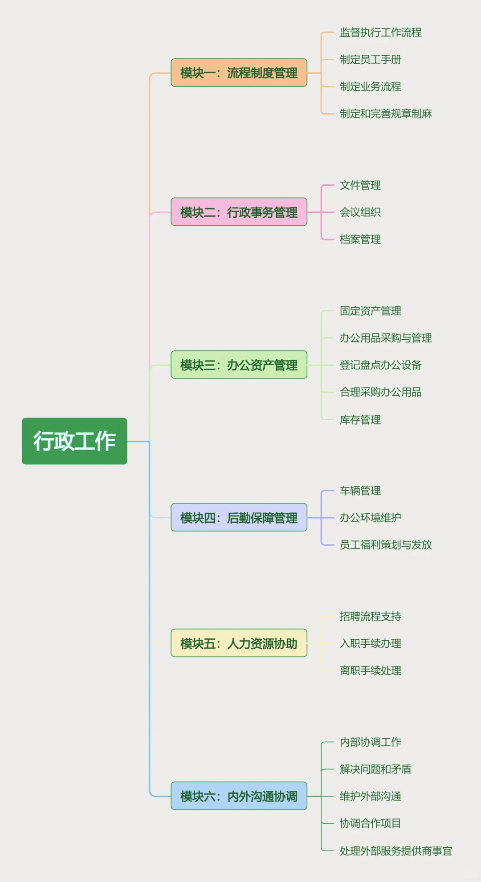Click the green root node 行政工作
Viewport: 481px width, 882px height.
74,441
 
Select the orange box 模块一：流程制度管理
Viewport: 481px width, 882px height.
239,73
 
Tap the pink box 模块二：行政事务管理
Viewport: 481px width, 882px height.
239,212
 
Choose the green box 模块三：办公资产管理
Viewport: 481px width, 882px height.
239,365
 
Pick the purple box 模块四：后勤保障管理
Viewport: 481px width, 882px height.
239,517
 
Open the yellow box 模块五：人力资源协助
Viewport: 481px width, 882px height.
239,643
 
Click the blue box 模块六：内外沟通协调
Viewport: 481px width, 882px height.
239,796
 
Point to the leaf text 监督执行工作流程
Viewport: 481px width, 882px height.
380,32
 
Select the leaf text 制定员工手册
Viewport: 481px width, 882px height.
370,59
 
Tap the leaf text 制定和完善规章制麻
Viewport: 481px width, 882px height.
386,114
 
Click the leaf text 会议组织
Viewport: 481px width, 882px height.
360,212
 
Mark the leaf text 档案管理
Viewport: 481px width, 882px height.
360,239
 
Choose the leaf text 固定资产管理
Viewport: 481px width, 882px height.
370,311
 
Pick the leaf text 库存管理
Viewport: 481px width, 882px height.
360,419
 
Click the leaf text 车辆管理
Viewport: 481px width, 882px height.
360,491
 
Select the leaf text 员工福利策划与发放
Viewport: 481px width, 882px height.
386,545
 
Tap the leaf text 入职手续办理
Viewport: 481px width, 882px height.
370,643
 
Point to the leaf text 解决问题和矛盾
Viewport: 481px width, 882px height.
375,769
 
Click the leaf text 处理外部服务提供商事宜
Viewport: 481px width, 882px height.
396,851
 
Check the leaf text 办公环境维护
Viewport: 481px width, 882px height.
370,517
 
